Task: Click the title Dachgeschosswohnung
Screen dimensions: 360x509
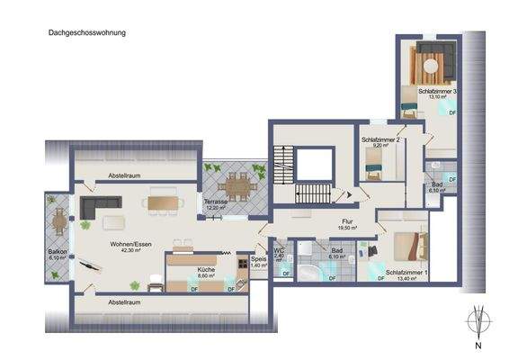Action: (87, 32)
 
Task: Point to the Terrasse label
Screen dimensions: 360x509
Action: (216, 201)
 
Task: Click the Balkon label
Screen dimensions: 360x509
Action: (58, 251)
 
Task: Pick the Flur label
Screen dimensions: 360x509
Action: (346, 220)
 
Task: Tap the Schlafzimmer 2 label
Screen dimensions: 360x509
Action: (380, 140)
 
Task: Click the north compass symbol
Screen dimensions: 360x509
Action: (478, 322)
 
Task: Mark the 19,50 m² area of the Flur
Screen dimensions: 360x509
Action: (346, 229)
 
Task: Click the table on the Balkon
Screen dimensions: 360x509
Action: (59, 220)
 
